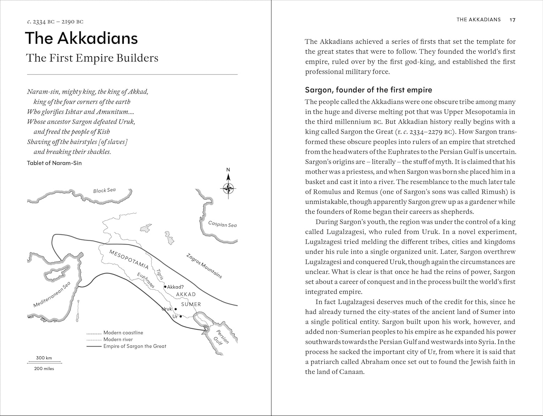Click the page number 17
click(x=512, y=20)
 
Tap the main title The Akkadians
click(x=81, y=38)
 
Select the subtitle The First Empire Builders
click(x=92, y=58)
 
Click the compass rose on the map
click(x=228, y=188)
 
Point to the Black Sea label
click(x=104, y=190)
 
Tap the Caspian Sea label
click(x=222, y=224)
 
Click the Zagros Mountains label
click(x=204, y=266)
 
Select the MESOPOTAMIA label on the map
click(x=129, y=259)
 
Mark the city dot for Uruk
click(x=176, y=309)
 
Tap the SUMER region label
click(x=191, y=304)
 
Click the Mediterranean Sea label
click(x=51, y=295)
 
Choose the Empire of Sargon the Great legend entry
click(x=135, y=346)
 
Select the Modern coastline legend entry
click(x=123, y=333)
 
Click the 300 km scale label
click(x=44, y=358)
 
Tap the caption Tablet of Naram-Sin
click(x=54, y=163)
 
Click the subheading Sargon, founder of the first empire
click(x=369, y=90)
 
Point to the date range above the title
click(x=55, y=22)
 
